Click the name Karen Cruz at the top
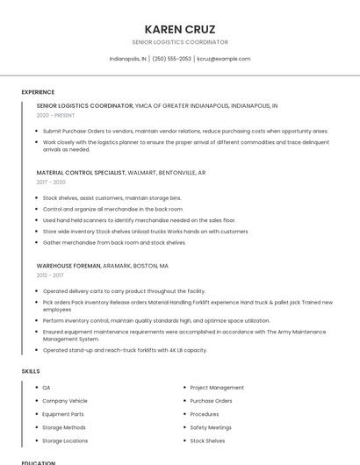[x=179, y=29]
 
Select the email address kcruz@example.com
[x=224, y=59]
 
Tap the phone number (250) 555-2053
[x=171, y=59]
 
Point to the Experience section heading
[x=38, y=92]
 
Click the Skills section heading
[x=31, y=371]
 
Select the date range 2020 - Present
[x=55, y=115]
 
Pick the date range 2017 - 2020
[x=51, y=182]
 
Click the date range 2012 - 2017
[x=50, y=275]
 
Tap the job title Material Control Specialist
[x=81, y=173]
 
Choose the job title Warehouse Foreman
[x=68, y=265]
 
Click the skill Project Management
[x=217, y=387]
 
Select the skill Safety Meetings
[x=211, y=427]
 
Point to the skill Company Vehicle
[x=65, y=401]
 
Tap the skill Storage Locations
[x=65, y=440]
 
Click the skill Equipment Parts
[x=63, y=414]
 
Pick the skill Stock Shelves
[x=207, y=440]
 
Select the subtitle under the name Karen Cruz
[x=179, y=42]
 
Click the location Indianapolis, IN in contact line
[x=127, y=59]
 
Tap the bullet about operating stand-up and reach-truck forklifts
[x=125, y=350]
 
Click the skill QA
[x=47, y=387]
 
